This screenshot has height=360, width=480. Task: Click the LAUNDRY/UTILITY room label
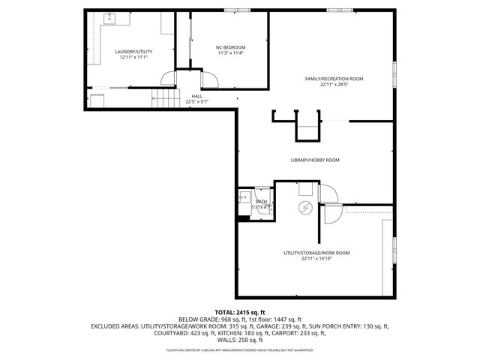[131, 52]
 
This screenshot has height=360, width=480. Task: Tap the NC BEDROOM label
[231, 47]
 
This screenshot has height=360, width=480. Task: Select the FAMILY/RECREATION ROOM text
[334, 79]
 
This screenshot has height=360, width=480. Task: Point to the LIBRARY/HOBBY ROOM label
[315, 160]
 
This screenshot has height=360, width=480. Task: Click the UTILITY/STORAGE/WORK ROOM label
[316, 253]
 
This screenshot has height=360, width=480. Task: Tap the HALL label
[196, 96]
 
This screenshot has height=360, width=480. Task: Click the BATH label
[262, 201]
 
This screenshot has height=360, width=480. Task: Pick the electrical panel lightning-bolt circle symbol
[305, 207]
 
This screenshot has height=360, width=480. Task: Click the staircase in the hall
[164, 97]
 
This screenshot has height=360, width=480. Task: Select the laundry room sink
[109, 16]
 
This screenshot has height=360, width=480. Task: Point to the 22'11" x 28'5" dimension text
[334, 84]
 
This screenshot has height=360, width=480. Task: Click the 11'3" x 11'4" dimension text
[231, 52]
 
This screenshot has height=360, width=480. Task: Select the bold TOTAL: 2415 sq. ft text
[240, 312]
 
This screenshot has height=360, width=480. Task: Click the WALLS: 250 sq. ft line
[240, 340]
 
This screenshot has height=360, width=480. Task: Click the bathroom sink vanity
[244, 198]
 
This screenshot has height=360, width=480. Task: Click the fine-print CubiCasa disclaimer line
[240, 349]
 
